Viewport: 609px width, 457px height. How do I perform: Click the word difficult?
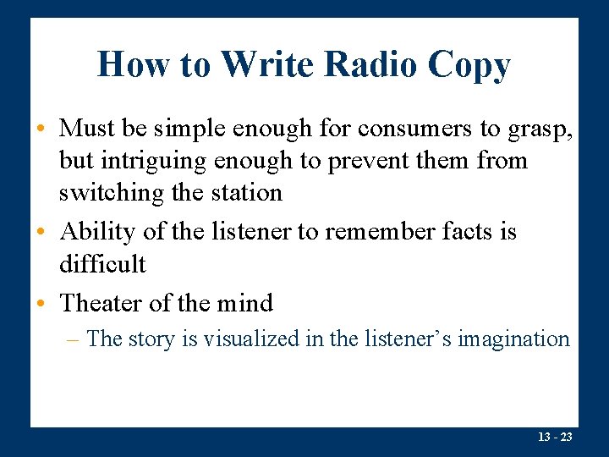click(102, 264)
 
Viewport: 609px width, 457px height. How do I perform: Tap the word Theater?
click(106, 303)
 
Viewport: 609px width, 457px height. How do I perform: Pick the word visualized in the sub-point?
click(251, 339)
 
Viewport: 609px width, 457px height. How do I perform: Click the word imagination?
click(513, 340)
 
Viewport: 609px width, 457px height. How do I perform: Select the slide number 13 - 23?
click(554, 438)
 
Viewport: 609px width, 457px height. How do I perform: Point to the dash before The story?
click(74, 340)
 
